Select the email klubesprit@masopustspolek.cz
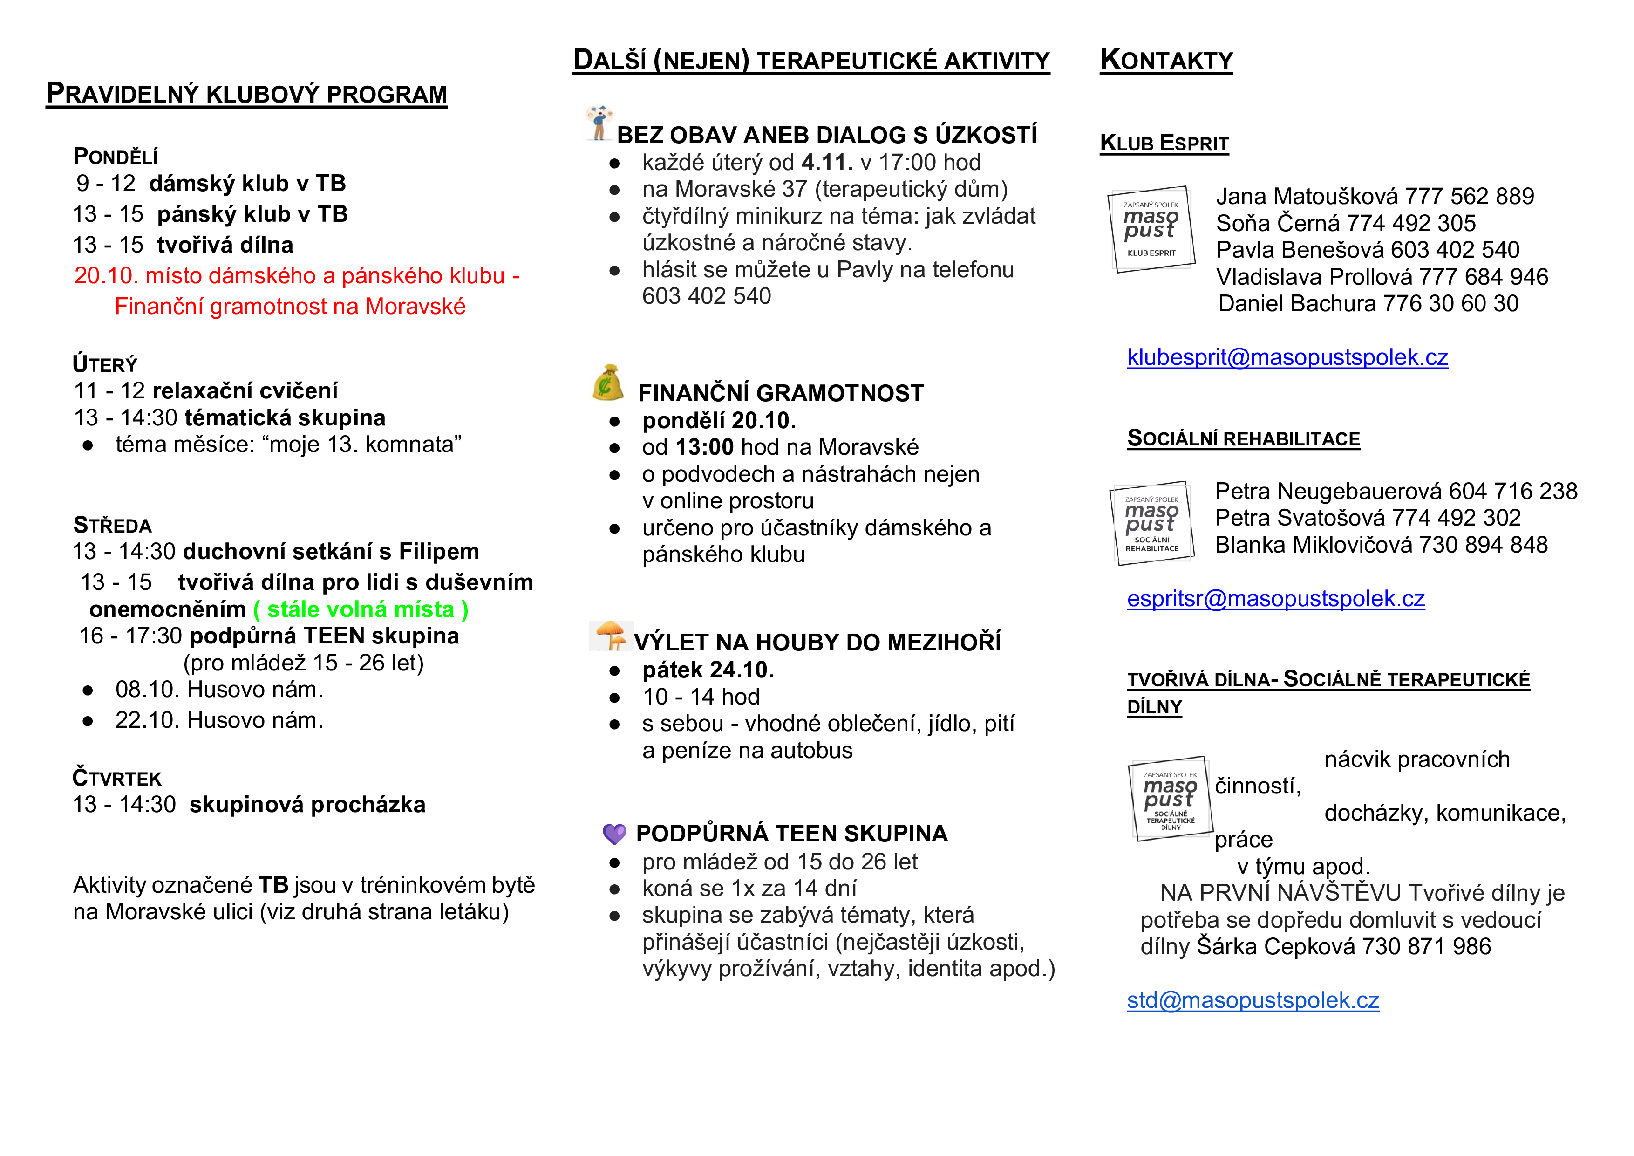[x=1287, y=357]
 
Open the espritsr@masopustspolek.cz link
[x=1275, y=599]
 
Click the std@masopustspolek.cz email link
[x=1253, y=1000]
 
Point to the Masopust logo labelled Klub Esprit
[x=1151, y=229]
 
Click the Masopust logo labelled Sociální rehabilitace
[x=1151, y=523]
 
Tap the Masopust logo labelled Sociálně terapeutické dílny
[x=1170, y=799]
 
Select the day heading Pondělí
[x=116, y=156]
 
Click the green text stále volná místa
[x=361, y=609]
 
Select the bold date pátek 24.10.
[x=708, y=670]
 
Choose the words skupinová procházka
[x=307, y=804]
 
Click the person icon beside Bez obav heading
[x=599, y=123]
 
